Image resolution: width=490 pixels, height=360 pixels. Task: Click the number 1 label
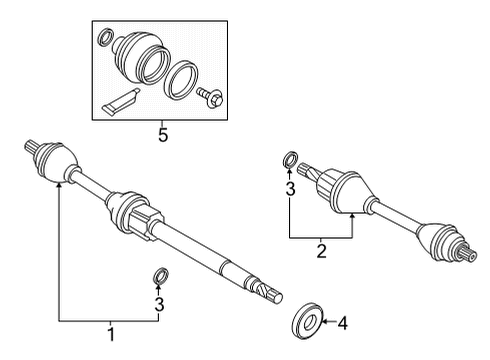[111, 332]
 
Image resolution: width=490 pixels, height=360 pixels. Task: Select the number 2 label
[322, 252]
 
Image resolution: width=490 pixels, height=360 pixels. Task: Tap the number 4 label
[343, 323]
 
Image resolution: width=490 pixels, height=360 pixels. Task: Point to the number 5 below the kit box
[163, 134]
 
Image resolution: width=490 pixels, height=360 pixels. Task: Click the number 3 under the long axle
[159, 304]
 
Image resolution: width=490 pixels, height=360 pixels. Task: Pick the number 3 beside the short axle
[290, 187]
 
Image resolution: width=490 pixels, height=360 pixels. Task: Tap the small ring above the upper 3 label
[290, 159]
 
